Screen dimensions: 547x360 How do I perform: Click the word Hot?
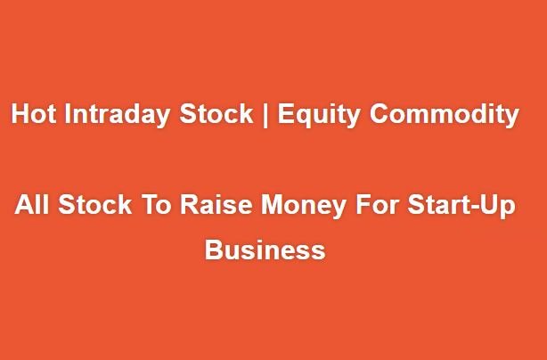coord(34,113)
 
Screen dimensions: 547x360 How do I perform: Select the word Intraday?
coord(118,115)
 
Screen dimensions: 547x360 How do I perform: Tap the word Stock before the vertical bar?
coord(216,113)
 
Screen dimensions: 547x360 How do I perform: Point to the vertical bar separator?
coord(265,115)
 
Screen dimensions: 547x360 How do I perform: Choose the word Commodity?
coord(445,115)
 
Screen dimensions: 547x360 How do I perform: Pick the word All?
coord(32,204)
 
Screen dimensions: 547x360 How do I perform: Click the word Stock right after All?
coord(95,204)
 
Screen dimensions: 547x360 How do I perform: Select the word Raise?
coord(216,204)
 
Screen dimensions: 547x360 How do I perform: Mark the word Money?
coord(304,206)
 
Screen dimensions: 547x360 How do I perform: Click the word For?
coord(377,204)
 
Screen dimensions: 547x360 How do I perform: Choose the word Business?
coord(265,250)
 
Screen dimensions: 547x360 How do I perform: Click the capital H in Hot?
coord(20,113)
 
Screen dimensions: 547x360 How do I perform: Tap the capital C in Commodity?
coord(380,113)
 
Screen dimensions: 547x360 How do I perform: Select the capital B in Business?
coord(214,250)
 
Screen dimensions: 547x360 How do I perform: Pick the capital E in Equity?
coord(286,113)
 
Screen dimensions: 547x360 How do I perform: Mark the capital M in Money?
coord(272,204)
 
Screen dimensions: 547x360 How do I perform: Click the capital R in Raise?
coord(190,204)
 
